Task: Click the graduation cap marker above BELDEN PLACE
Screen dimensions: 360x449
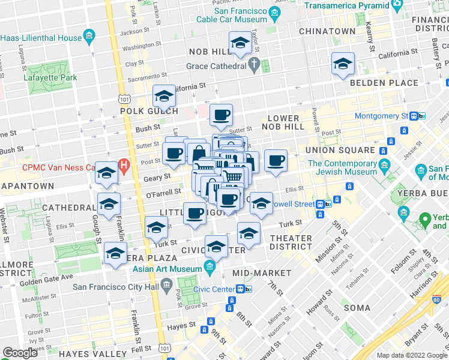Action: pos(343,64)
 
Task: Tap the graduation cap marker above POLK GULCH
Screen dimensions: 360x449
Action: pos(164,96)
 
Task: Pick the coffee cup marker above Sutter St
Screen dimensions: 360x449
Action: pos(220,114)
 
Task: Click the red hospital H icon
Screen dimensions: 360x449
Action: pos(124,163)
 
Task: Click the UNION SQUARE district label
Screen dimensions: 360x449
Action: pos(340,149)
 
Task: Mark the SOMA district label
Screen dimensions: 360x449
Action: pos(357,307)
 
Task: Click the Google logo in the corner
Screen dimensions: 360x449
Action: pos(20,353)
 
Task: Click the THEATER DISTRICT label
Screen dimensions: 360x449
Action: pos(291,242)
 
